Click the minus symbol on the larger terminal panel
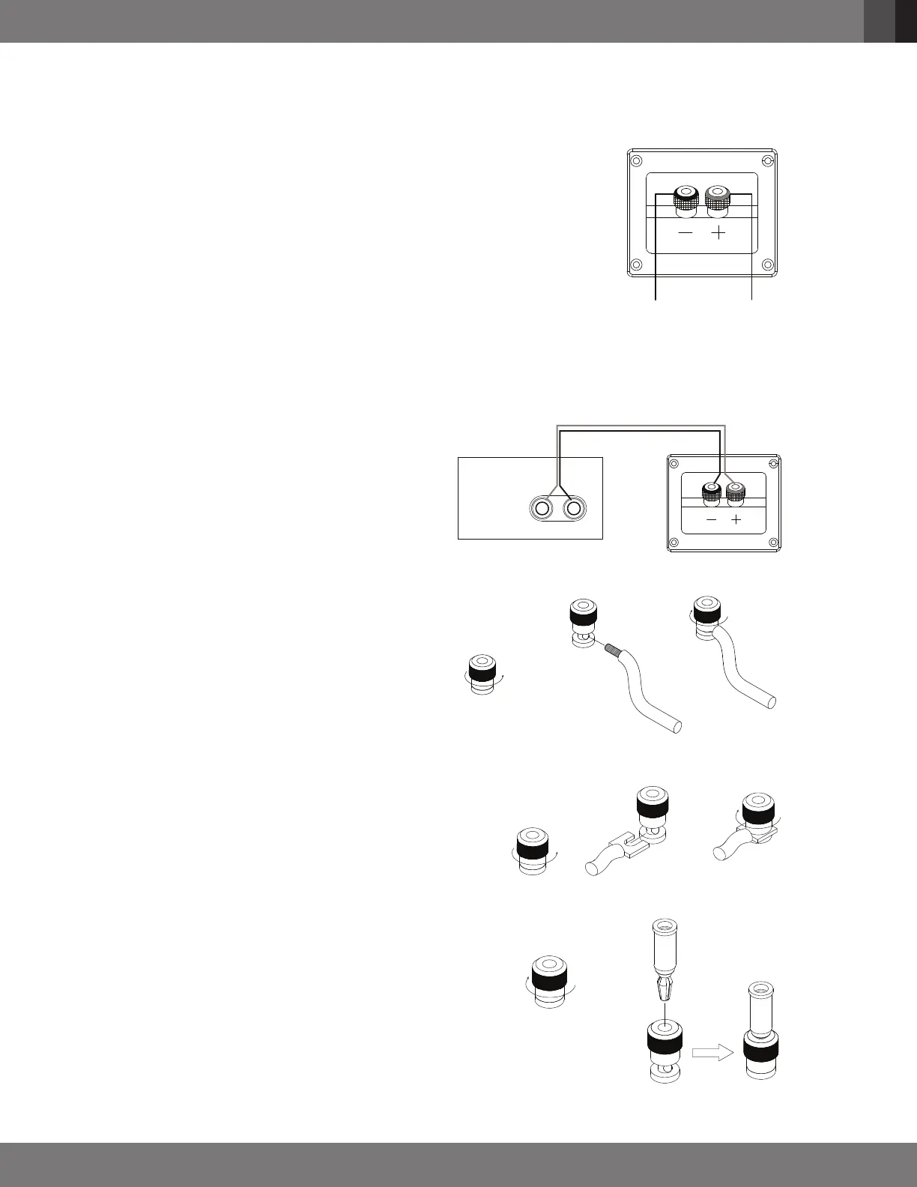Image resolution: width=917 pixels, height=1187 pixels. click(x=686, y=234)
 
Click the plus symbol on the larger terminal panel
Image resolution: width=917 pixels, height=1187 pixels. click(x=718, y=234)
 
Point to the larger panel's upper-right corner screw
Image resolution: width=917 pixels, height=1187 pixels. click(x=766, y=161)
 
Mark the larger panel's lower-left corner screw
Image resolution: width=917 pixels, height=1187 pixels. click(x=636, y=264)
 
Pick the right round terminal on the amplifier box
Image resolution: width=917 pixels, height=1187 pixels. click(x=574, y=509)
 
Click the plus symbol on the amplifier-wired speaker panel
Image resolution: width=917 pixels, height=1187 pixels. click(x=736, y=519)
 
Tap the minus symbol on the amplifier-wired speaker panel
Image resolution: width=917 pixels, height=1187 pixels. click(x=711, y=519)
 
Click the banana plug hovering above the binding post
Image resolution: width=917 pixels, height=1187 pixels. click(x=665, y=967)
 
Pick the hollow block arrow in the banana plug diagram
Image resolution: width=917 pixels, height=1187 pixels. click(x=710, y=1053)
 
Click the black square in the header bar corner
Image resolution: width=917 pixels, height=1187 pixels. click(x=906, y=21)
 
